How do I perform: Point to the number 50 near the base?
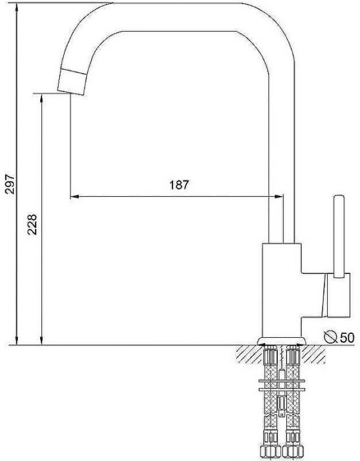click(x=347, y=337)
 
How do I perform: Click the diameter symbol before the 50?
click(x=332, y=337)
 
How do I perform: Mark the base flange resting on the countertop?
click(x=282, y=340)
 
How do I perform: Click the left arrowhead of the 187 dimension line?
click(x=74, y=196)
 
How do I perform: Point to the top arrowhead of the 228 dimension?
click(x=42, y=97)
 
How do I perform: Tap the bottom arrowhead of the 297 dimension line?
click(x=17, y=340)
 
